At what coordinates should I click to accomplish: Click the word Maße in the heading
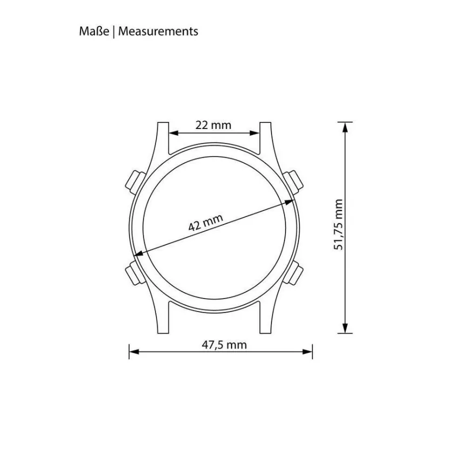point(94,31)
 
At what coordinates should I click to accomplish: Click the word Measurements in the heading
point(158,31)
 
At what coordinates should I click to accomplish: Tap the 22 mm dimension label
point(213,125)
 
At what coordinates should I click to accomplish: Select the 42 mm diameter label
point(206,222)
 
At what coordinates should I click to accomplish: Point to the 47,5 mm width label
point(224,345)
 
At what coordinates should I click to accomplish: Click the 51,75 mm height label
point(338,225)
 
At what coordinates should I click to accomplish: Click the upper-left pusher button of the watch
point(135,182)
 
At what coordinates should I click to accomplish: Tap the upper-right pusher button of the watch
point(293,182)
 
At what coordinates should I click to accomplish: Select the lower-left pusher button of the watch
point(134,273)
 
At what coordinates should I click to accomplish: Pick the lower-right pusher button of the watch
point(294,273)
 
